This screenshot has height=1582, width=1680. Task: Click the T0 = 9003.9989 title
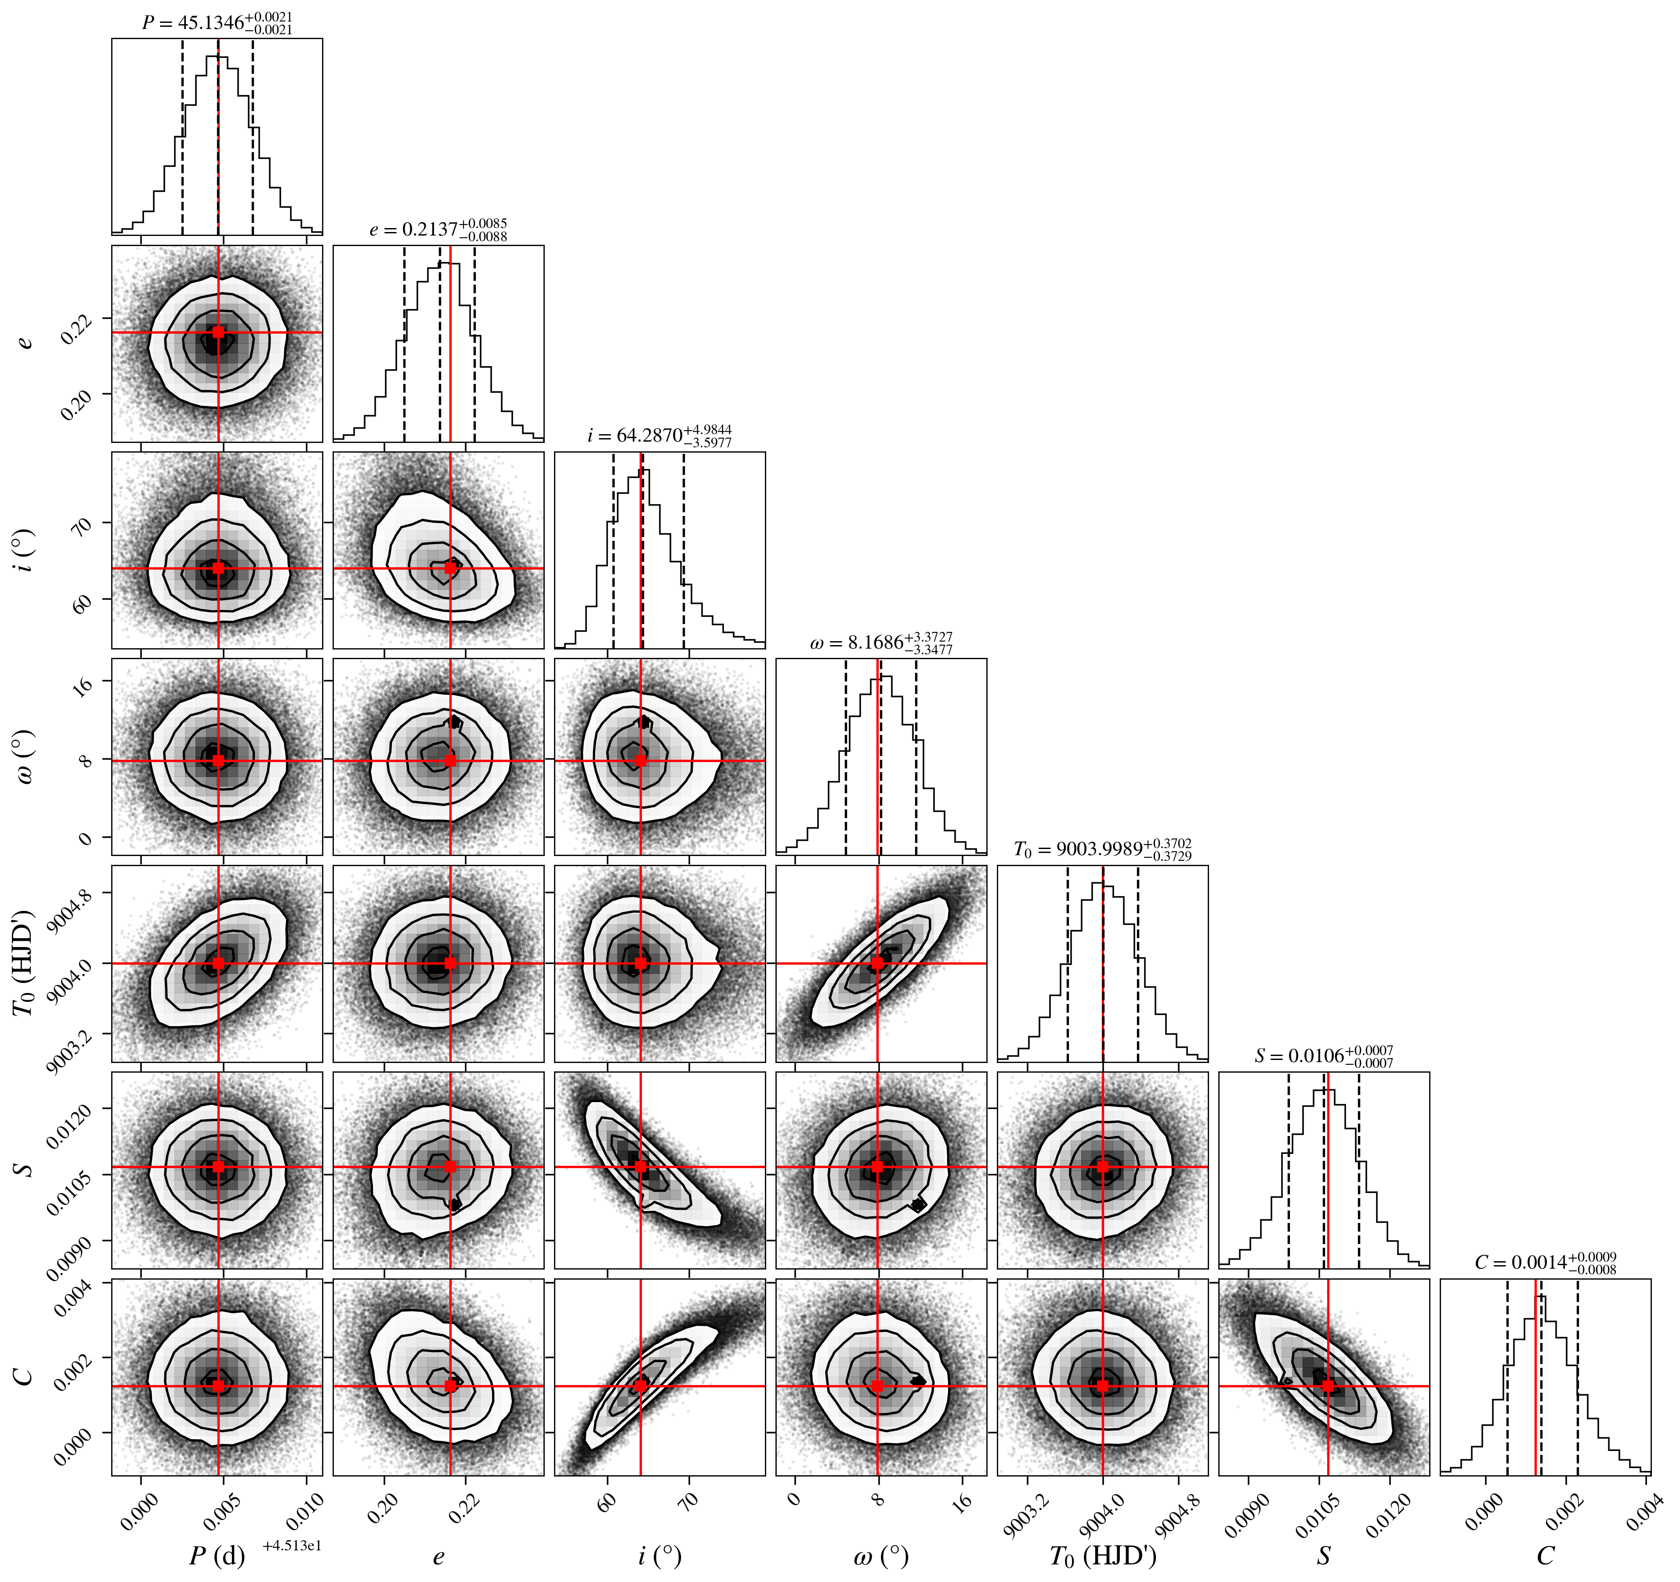tap(1103, 849)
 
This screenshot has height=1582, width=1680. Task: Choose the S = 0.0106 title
tap(1324, 1056)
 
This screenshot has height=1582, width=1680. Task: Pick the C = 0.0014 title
tap(1546, 1263)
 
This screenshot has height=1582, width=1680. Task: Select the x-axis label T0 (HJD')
tap(1103, 1557)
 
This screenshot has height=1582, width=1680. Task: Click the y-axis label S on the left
tap(25, 1170)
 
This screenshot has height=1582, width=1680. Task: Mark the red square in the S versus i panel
tap(641, 1167)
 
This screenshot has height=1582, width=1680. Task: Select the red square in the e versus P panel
tap(219, 332)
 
